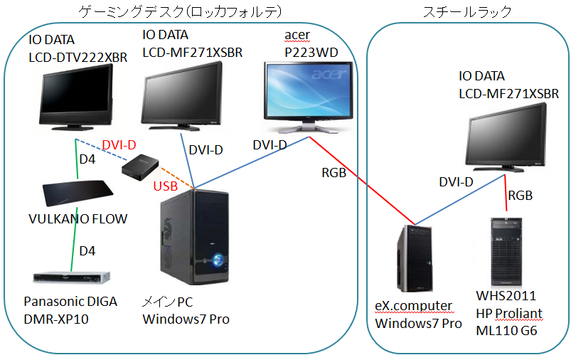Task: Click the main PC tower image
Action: coord(195,238)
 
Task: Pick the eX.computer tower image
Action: coord(415,261)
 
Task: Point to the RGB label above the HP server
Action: coord(521,195)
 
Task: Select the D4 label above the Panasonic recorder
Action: coord(87,251)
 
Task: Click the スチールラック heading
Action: coord(467,11)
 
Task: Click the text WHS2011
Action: coord(506,295)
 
